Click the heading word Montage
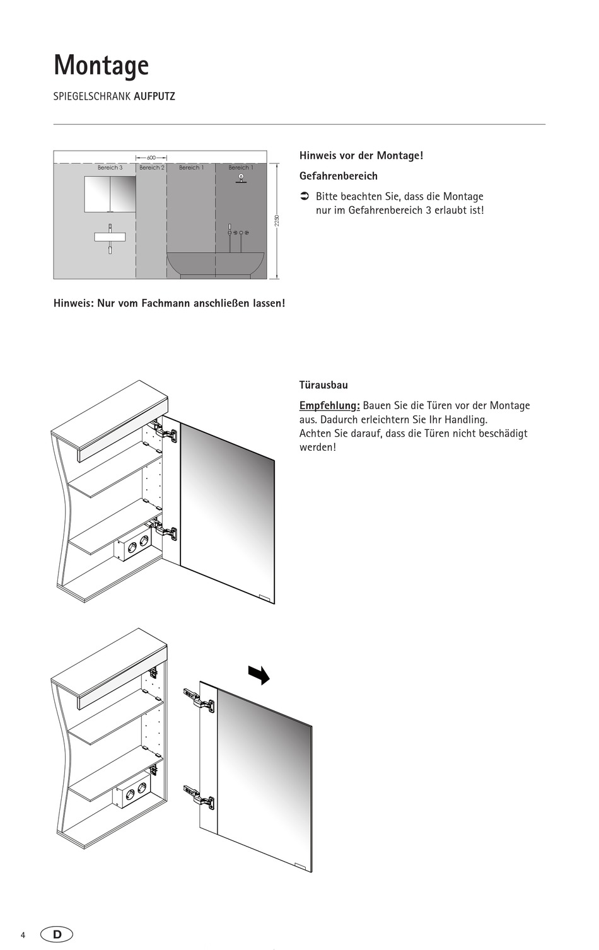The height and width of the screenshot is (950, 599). (101, 66)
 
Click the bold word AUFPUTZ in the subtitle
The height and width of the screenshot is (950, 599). (154, 96)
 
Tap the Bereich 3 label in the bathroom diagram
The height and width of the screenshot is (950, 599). (110, 168)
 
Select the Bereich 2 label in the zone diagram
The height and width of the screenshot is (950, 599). (151, 168)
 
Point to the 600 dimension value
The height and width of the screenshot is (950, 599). (151, 158)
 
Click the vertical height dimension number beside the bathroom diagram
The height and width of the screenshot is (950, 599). (276, 221)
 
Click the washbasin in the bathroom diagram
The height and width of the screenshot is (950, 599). (110, 237)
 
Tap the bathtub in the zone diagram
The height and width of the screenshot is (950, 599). (215, 263)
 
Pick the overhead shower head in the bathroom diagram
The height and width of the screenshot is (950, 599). (241, 178)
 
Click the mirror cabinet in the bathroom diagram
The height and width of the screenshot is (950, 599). (110, 194)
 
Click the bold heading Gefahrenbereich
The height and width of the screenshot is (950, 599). (338, 176)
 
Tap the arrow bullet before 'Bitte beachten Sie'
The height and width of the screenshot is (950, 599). (303, 196)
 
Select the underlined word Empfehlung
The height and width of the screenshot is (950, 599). (329, 405)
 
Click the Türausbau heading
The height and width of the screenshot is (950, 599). (323, 385)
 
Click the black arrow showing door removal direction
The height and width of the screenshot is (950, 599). (259, 675)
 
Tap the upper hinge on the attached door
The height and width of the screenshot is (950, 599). (166, 432)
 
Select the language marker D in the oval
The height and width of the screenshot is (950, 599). (57, 934)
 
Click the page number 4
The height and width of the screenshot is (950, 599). (23, 935)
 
